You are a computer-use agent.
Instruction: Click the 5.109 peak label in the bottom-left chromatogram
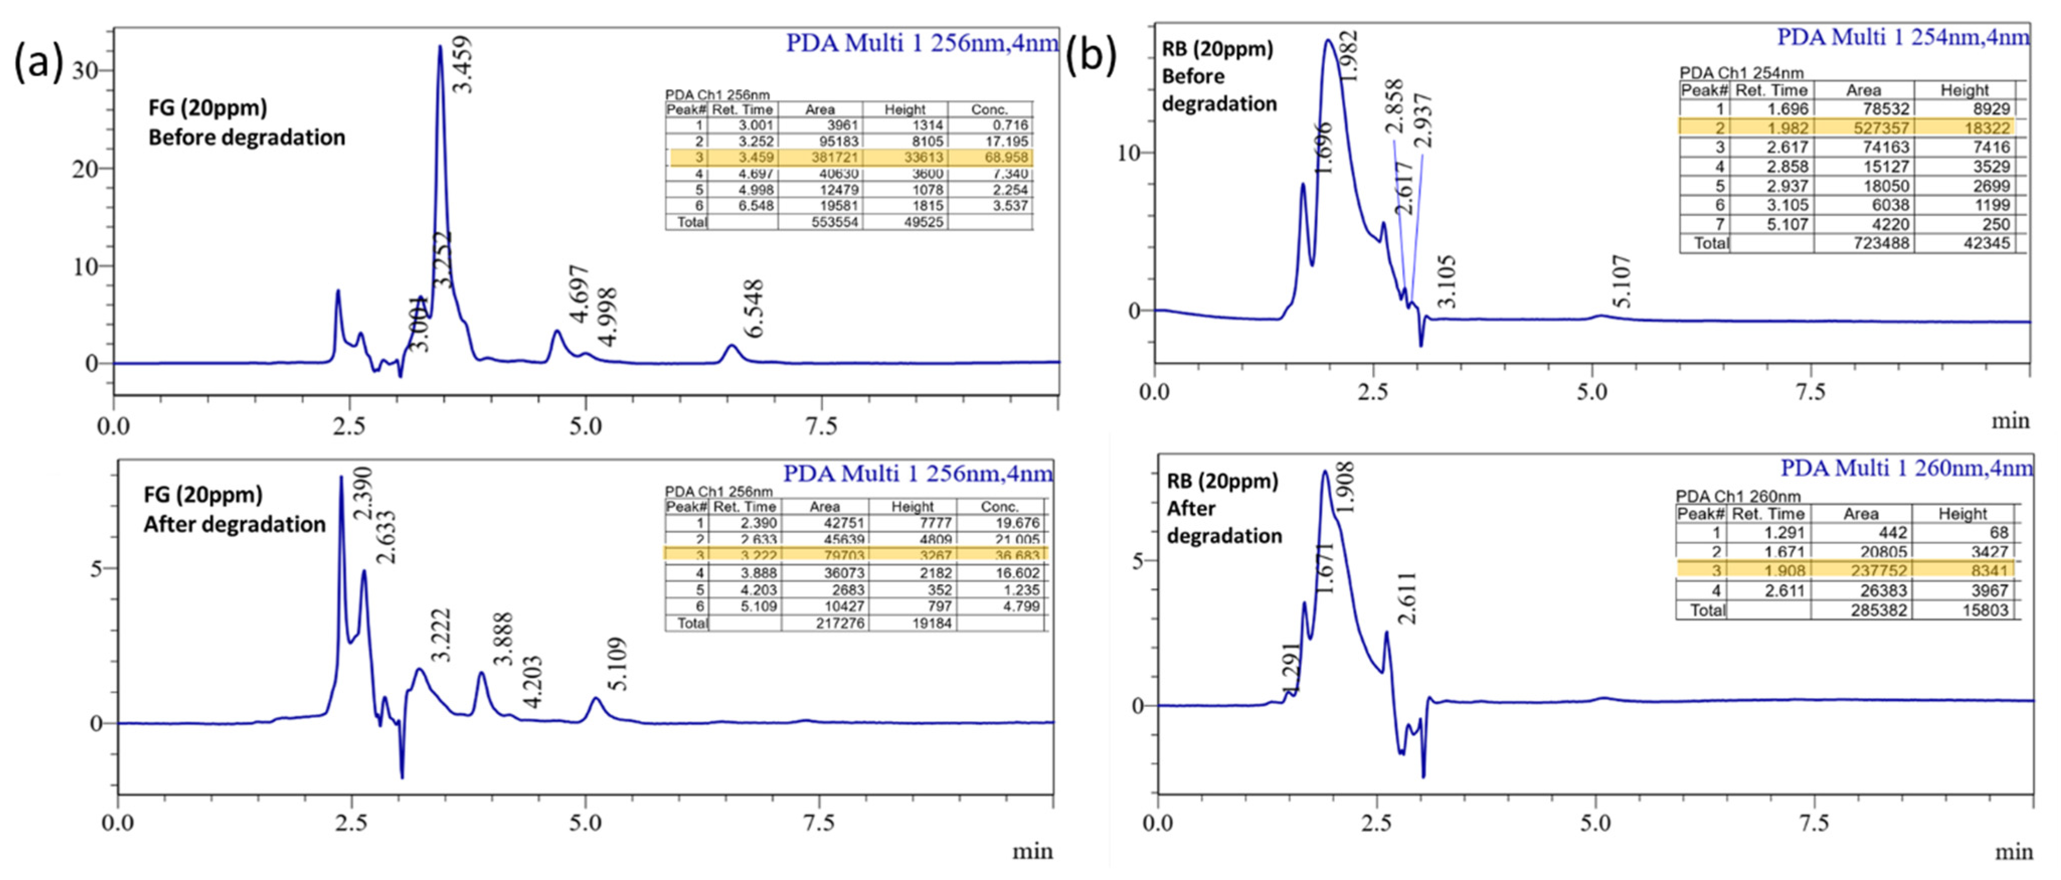(x=617, y=664)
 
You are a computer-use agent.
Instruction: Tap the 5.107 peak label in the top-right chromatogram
(x=1622, y=282)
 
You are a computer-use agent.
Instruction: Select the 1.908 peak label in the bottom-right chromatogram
(x=1346, y=487)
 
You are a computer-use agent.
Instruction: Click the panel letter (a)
(x=38, y=62)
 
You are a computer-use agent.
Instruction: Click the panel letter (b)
(x=1091, y=58)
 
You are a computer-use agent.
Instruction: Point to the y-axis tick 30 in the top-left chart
(x=85, y=70)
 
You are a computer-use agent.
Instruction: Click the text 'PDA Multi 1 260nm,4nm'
(x=1906, y=468)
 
